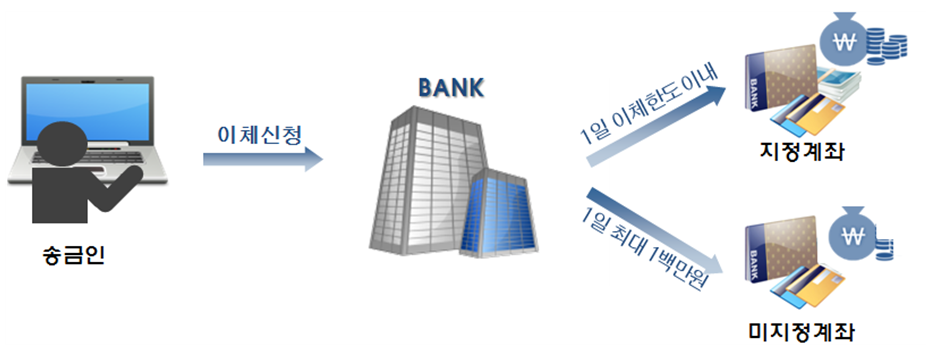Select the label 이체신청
[x=262, y=133]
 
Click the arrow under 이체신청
[x=262, y=159]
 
